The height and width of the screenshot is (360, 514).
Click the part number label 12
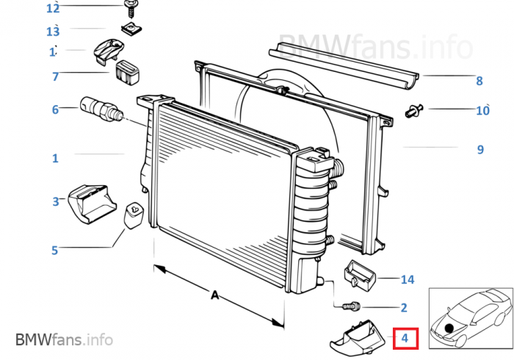(x=53, y=8)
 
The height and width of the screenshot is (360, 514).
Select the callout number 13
(x=53, y=32)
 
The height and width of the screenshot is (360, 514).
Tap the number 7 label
(x=55, y=76)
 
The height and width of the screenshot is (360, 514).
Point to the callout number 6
(x=55, y=109)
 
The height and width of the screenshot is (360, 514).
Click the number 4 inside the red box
(x=405, y=338)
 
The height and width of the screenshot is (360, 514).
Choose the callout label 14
(x=408, y=280)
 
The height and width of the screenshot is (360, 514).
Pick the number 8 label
(x=479, y=81)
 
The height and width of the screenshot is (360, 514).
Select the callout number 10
(x=482, y=110)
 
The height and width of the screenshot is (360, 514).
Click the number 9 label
(x=480, y=149)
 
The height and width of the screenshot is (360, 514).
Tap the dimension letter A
(x=214, y=295)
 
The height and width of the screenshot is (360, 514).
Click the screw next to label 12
(x=131, y=9)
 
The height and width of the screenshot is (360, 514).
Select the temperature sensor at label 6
(x=101, y=109)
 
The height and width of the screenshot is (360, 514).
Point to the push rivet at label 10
(x=414, y=111)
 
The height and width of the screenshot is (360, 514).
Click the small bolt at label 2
(x=352, y=307)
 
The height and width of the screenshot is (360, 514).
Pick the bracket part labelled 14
(x=360, y=275)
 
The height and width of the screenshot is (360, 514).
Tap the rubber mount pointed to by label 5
(x=134, y=215)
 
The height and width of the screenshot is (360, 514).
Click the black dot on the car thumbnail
(x=449, y=328)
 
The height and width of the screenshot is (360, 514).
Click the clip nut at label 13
(x=131, y=29)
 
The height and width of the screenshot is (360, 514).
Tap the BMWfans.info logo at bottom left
(x=65, y=339)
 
